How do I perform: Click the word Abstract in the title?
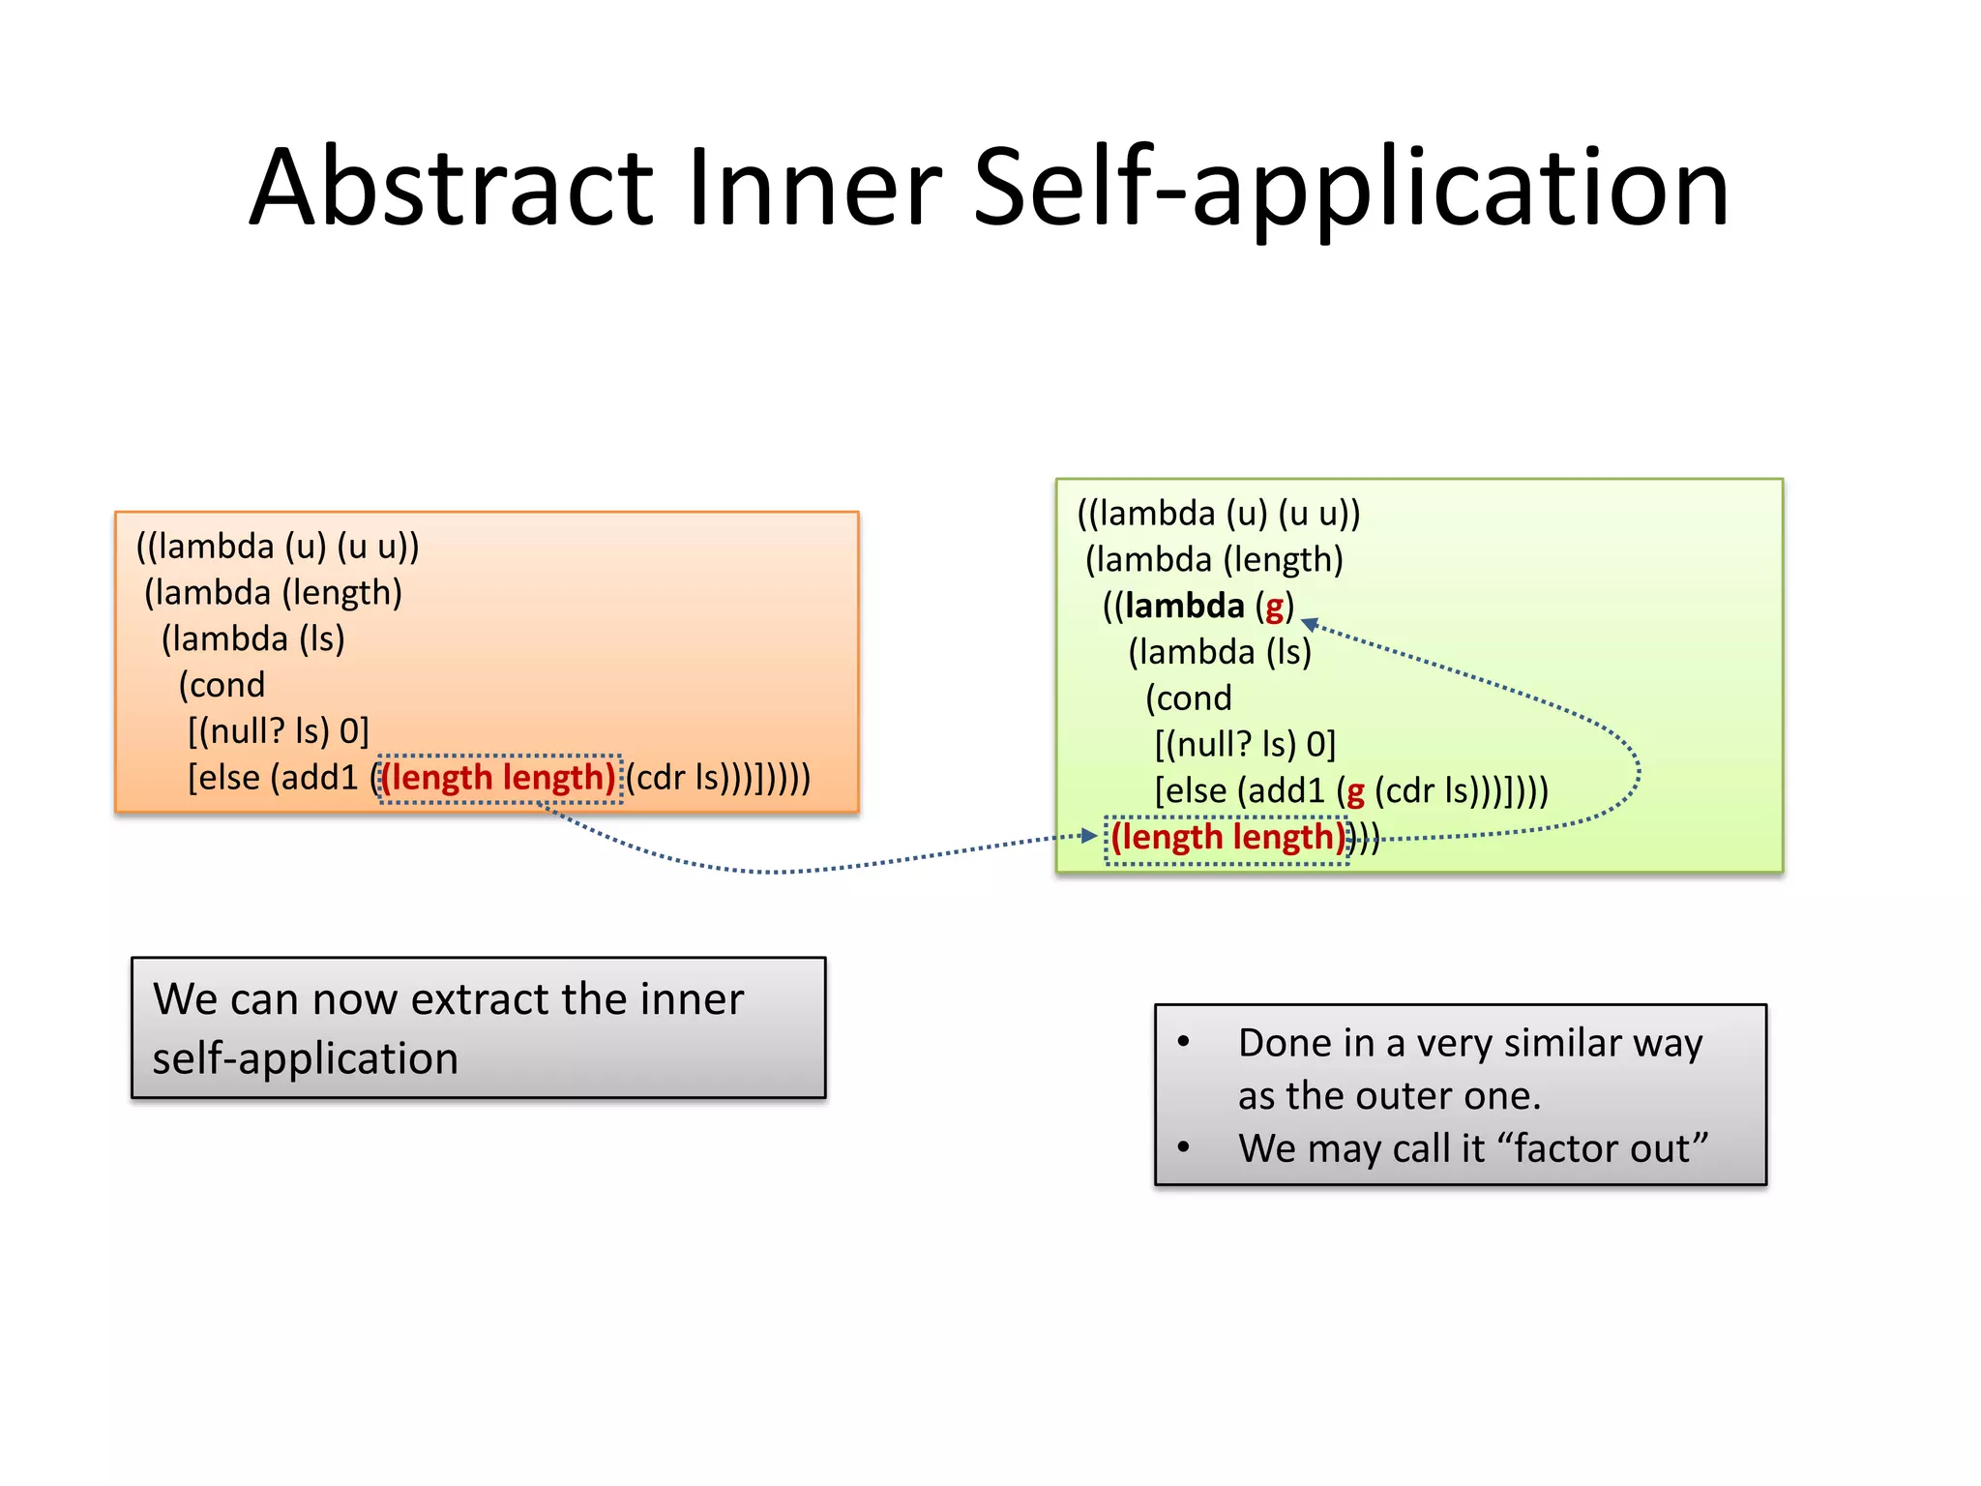452,187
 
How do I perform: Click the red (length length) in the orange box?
498,778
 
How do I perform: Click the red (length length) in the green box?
1227,837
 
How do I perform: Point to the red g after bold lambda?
1274,608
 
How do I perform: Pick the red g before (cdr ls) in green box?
1355,792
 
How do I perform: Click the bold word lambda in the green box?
1184,606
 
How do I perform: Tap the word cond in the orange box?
222,685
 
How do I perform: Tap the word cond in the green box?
1189,698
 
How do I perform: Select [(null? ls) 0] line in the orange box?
279,731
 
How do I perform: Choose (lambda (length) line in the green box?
1214,559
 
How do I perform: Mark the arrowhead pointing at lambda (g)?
1310,625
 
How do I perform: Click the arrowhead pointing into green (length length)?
1089,835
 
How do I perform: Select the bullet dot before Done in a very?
1183,1042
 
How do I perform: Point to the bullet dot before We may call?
1183,1147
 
